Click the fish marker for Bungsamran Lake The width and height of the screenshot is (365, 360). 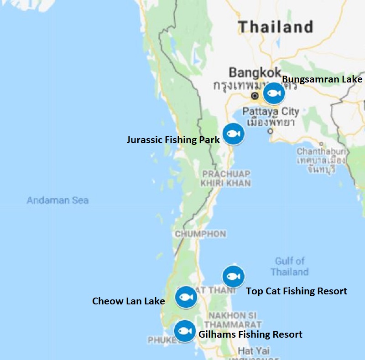pos(274,93)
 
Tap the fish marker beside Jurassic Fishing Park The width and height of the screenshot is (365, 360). pos(233,134)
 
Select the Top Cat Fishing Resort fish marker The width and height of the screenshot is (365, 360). pos(233,277)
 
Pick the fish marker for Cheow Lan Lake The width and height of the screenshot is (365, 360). pos(185,297)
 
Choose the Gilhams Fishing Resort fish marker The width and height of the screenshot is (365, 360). pos(185,331)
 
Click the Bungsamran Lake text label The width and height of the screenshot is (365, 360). pos(322,79)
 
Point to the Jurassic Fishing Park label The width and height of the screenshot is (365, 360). pos(173,139)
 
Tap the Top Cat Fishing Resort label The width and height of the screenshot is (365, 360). pos(297,291)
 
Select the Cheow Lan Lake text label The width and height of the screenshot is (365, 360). pos(128,301)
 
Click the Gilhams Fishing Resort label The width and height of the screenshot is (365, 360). pos(250,334)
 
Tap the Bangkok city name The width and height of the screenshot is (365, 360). pos(255,72)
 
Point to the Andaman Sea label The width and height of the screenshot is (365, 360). pos(57,200)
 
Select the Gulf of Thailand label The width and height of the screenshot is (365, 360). pos(289,267)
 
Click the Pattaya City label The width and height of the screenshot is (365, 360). pos(271,111)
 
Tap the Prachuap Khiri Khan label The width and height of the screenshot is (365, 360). pos(226,179)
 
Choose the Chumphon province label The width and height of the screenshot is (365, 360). pos(200,234)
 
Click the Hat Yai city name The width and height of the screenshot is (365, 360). pos(254,351)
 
